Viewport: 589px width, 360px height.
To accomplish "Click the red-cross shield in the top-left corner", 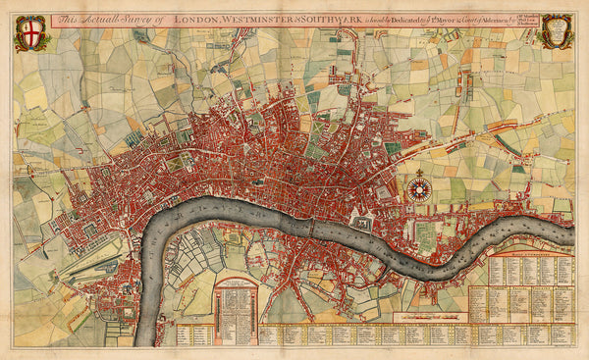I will point(30,30).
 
